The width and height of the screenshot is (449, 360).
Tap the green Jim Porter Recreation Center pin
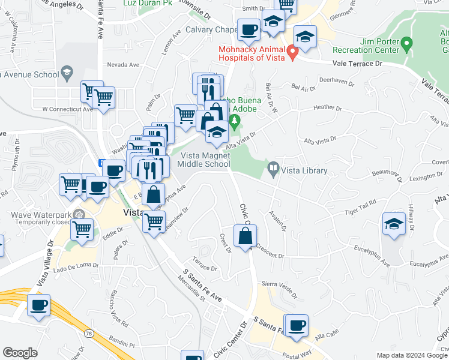[x=406, y=44]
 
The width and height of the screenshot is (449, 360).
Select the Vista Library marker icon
[x=274, y=170]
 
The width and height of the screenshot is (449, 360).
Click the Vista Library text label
[x=306, y=171]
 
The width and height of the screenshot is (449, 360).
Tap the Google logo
[x=20, y=352]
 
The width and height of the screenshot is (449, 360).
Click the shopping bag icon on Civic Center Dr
[x=246, y=236]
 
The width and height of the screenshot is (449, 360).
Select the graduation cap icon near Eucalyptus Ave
[x=394, y=225]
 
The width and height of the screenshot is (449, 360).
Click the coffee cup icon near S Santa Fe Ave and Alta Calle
[x=296, y=326]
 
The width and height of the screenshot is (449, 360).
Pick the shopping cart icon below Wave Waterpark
[x=82, y=230]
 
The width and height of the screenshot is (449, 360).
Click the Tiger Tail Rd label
[x=360, y=208]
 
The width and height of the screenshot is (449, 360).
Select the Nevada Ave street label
[x=123, y=65]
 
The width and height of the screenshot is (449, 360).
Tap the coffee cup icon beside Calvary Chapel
[x=249, y=29]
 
